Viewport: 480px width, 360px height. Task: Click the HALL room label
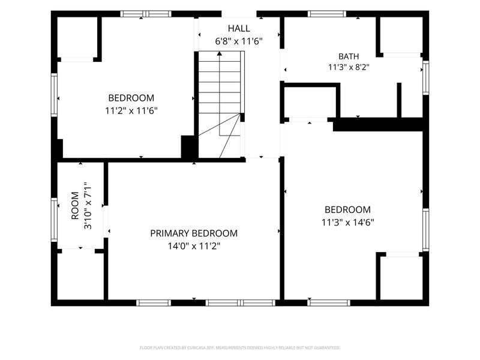pyautogui.click(x=239, y=28)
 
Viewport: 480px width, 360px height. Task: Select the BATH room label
pyautogui.click(x=349, y=56)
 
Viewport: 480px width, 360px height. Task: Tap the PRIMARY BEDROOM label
pyautogui.click(x=194, y=233)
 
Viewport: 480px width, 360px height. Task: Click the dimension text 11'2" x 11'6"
pyautogui.click(x=131, y=110)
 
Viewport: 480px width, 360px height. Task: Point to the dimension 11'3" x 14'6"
pyautogui.click(x=348, y=222)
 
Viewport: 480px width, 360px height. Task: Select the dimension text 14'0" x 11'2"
pyautogui.click(x=194, y=246)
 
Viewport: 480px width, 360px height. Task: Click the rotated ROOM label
pyautogui.click(x=75, y=206)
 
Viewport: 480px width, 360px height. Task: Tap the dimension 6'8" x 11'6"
pyautogui.click(x=239, y=41)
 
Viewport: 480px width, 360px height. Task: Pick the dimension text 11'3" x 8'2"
pyautogui.click(x=349, y=67)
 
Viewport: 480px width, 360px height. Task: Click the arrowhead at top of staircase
pyautogui.click(x=219, y=53)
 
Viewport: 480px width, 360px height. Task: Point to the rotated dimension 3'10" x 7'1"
pyautogui.click(x=88, y=206)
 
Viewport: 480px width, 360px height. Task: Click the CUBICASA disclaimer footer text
pyautogui.click(x=239, y=348)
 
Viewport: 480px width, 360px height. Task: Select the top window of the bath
pyautogui.click(x=327, y=14)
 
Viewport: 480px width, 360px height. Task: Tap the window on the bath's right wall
pyautogui.click(x=425, y=78)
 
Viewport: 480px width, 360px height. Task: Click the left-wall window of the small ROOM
pyautogui.click(x=54, y=220)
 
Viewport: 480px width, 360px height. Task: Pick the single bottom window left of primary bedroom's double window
pyautogui.click(x=154, y=303)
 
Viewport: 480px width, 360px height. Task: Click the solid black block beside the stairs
pyautogui.click(x=190, y=147)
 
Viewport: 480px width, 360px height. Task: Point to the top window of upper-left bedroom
pyautogui.click(x=146, y=14)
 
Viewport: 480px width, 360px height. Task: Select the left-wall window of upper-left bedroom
pyautogui.click(x=54, y=95)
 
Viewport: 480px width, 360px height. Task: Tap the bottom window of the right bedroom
pyautogui.click(x=329, y=303)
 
